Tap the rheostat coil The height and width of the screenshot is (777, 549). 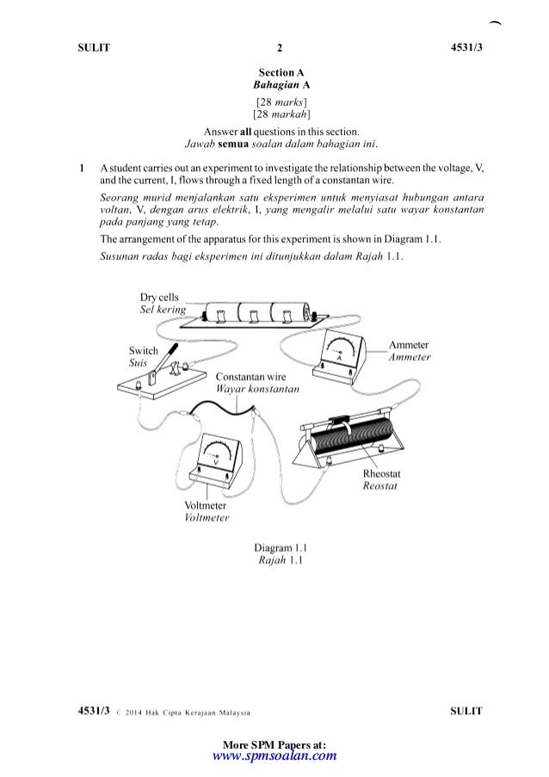(x=344, y=442)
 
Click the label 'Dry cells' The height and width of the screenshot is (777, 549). (x=159, y=297)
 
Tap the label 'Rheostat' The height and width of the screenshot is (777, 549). (x=382, y=474)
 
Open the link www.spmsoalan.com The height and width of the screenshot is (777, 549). (x=274, y=756)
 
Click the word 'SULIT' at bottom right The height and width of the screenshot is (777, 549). (x=466, y=711)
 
